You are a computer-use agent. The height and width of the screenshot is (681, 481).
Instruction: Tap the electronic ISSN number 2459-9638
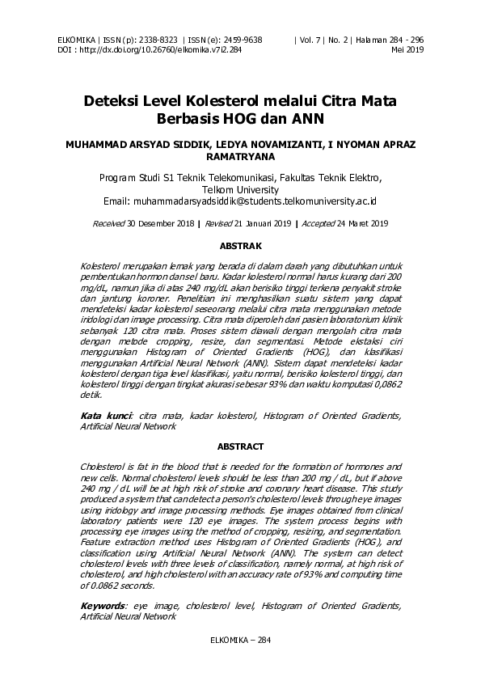pyautogui.click(x=241, y=39)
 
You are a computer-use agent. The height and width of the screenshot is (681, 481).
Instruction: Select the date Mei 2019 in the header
pyautogui.click(x=408, y=49)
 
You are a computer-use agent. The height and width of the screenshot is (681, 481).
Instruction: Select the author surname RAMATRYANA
pyautogui.click(x=240, y=159)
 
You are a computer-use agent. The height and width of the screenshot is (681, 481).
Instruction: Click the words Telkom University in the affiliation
pyautogui.click(x=240, y=188)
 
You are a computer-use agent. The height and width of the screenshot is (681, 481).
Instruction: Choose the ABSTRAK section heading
pyautogui.click(x=240, y=243)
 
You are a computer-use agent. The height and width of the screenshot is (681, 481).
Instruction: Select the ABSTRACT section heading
pyautogui.click(x=240, y=446)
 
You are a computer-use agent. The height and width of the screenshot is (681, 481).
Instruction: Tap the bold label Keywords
pyautogui.click(x=103, y=606)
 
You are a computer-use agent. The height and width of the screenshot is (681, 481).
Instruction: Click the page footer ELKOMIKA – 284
pyautogui.click(x=240, y=640)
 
